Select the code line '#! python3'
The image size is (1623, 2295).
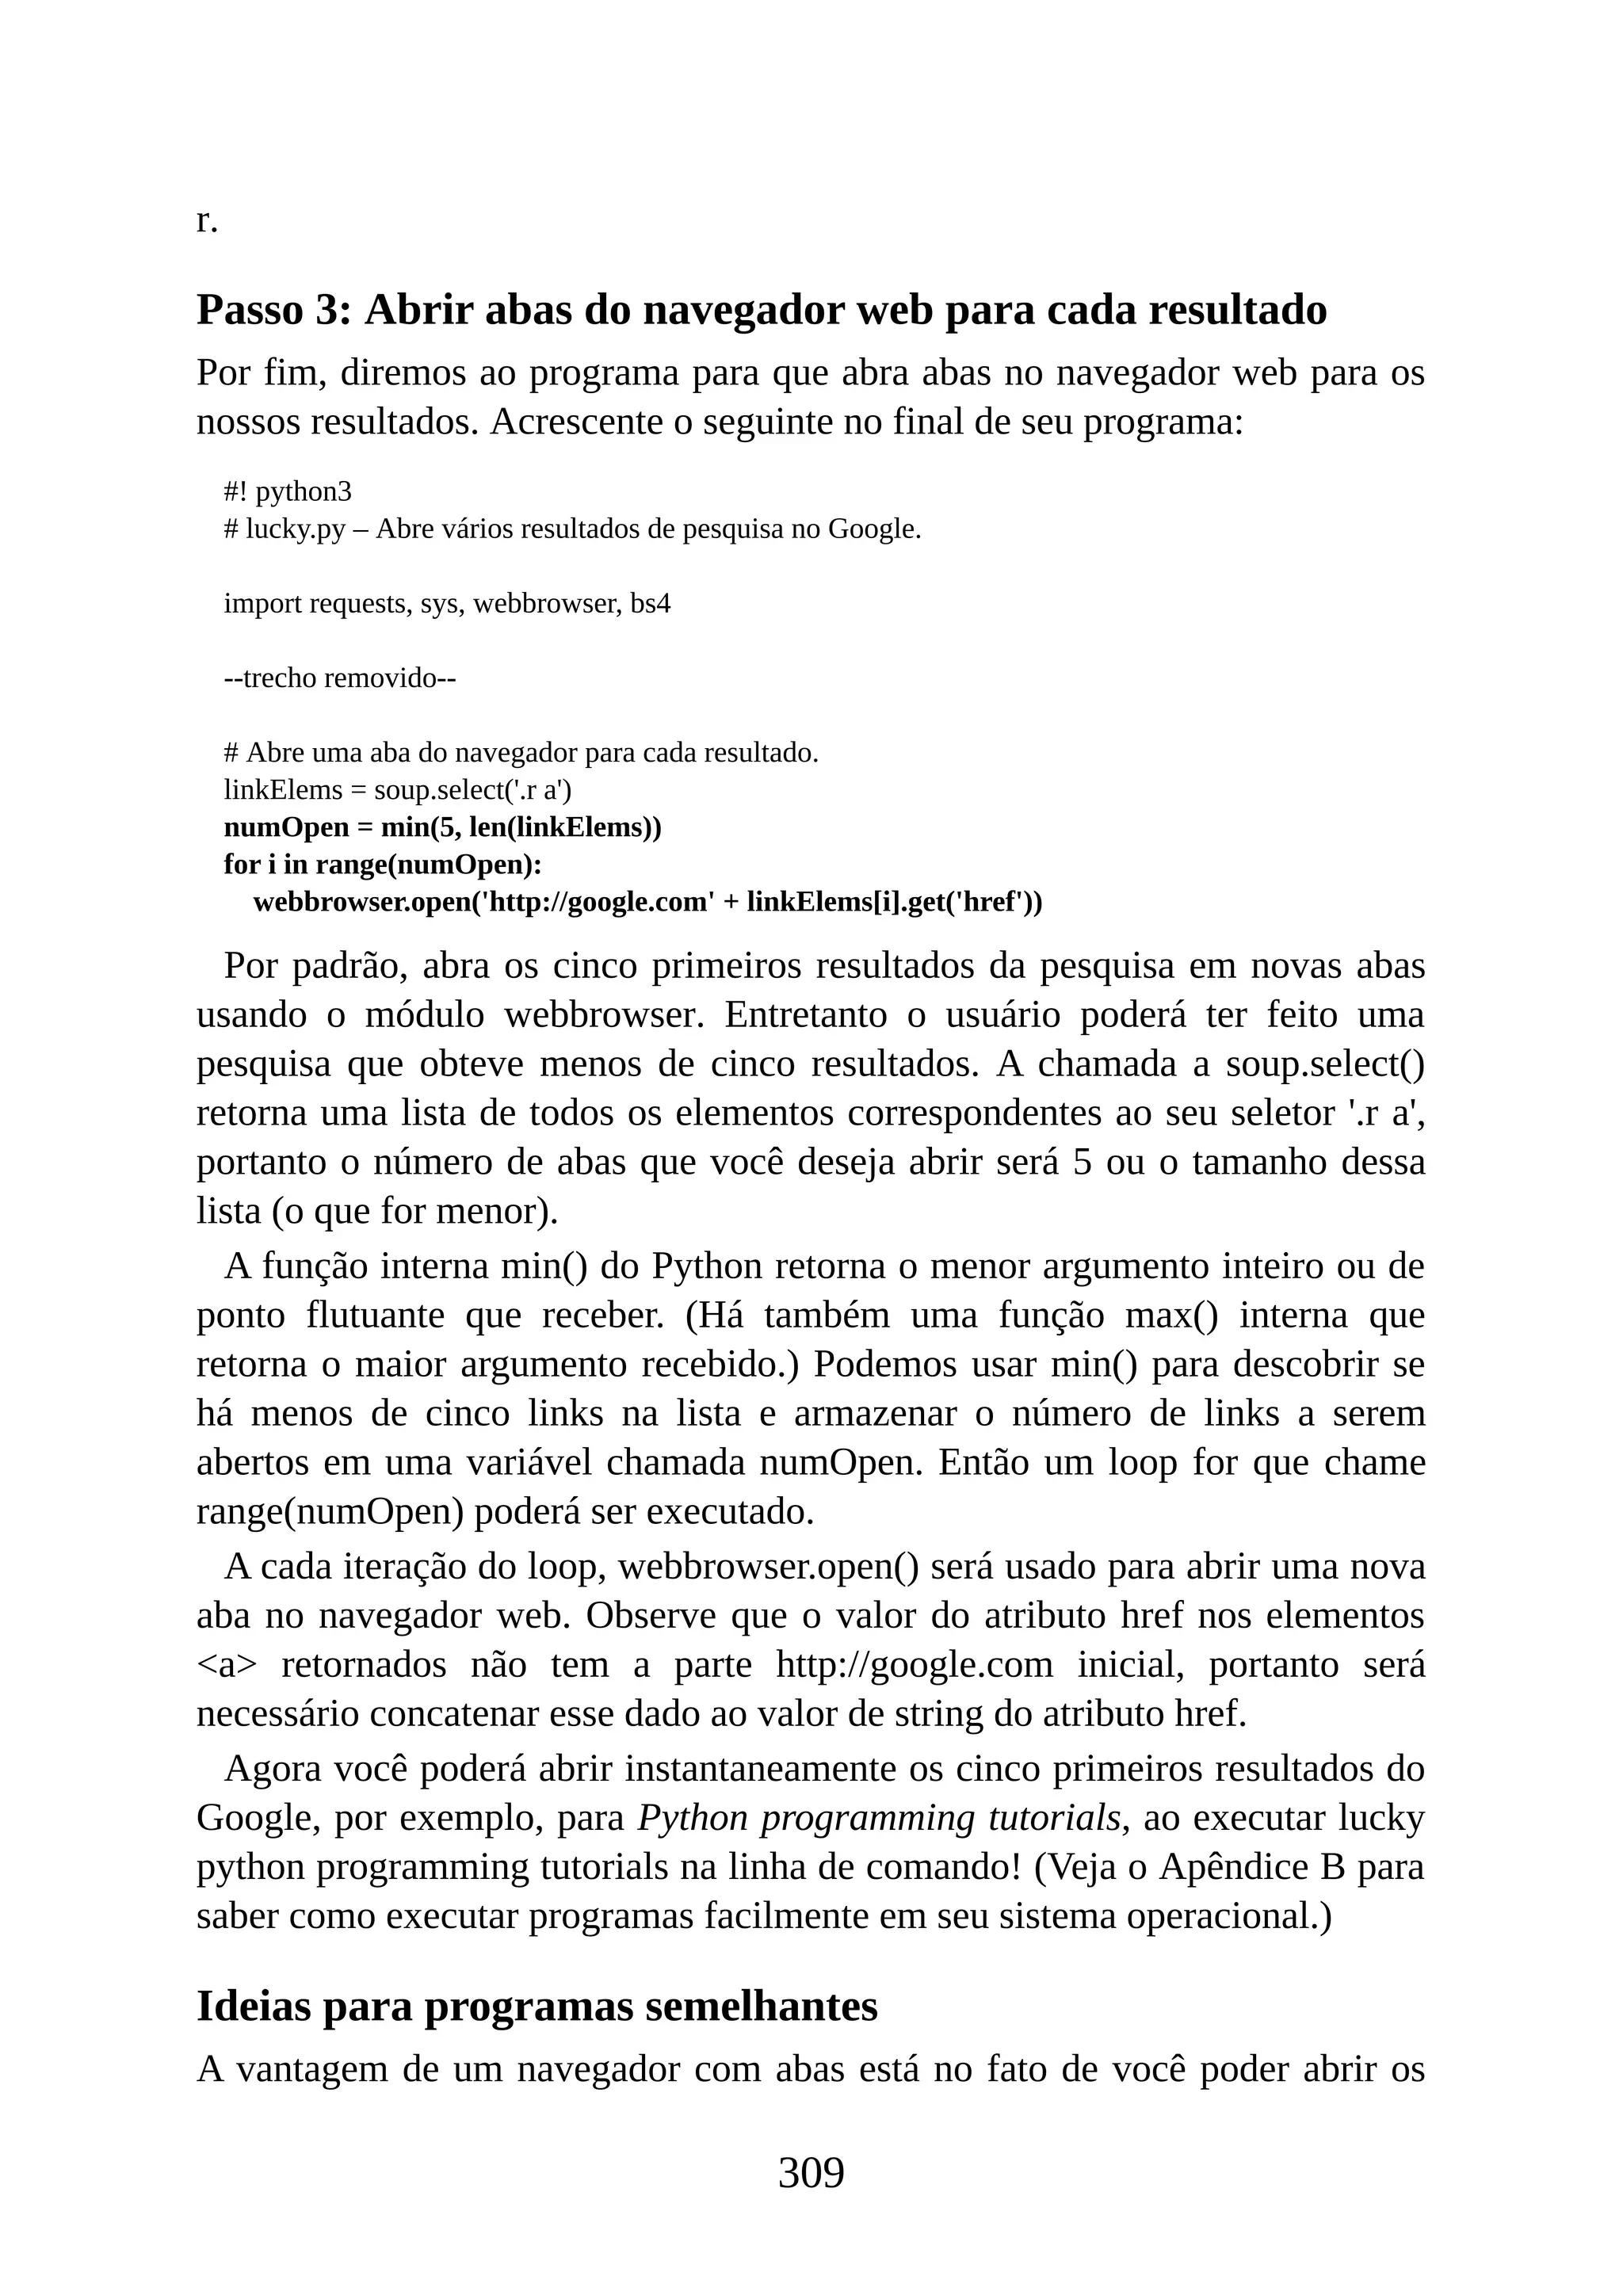tap(288, 492)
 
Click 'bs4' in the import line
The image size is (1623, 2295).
tap(650, 604)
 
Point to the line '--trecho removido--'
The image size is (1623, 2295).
tap(340, 678)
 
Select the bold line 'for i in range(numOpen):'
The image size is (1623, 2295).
tap(383, 865)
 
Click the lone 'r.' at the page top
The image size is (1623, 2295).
tap(207, 220)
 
